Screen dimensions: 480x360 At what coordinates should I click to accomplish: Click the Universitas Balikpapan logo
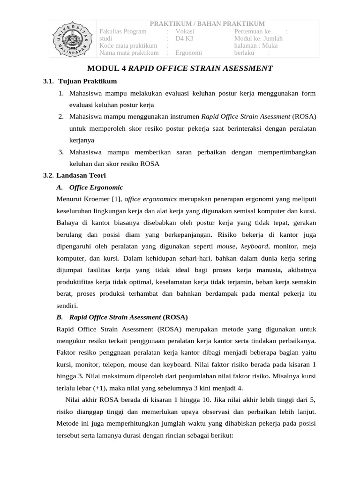tap(73, 39)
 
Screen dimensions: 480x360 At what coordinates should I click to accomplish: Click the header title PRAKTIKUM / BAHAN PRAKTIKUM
tap(207, 24)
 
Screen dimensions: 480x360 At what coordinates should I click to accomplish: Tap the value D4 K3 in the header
tap(184, 38)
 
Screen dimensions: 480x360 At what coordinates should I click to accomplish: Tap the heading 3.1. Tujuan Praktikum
tap(80, 82)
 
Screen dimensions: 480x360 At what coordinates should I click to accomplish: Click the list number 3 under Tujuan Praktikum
tap(61, 152)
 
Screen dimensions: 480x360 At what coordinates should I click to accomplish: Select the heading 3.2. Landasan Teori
tap(75, 175)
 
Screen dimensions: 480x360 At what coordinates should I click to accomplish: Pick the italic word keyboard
tap(255, 246)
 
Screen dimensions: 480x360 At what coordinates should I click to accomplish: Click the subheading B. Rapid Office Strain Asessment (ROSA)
tap(122, 317)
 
